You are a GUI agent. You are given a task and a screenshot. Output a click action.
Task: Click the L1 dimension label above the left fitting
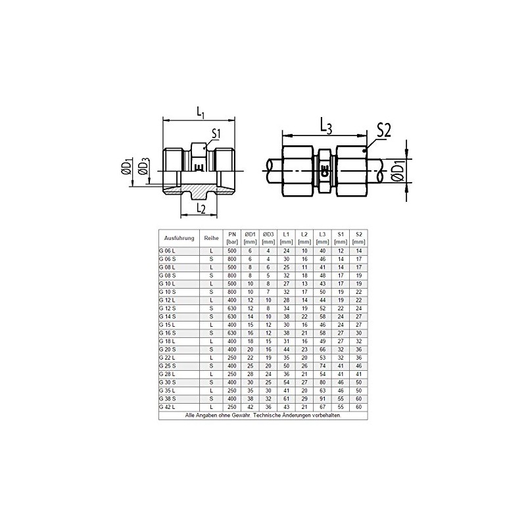pyautogui.click(x=201, y=112)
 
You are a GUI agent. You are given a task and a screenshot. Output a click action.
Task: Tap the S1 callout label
pyautogui.click(x=216, y=133)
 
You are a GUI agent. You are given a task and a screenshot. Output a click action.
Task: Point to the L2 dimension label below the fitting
pyautogui.click(x=201, y=208)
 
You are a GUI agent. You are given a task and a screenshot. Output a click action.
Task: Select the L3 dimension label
pyautogui.click(x=326, y=126)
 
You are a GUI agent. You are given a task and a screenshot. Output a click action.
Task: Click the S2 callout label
pyautogui.click(x=384, y=130)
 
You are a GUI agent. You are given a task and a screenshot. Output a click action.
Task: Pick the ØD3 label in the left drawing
pyautogui.click(x=143, y=167)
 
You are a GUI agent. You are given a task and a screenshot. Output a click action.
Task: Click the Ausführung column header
pyautogui.click(x=179, y=238)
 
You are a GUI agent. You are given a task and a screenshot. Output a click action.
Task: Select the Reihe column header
pyautogui.click(x=211, y=238)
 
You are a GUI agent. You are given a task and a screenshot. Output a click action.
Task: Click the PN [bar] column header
pyautogui.click(x=232, y=238)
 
